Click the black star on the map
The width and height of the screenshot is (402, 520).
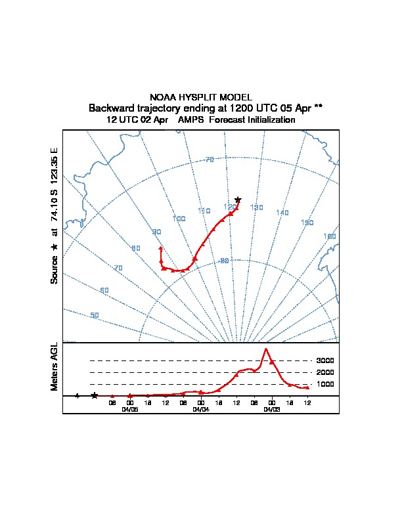click(x=238, y=200)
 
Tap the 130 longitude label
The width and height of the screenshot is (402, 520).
click(x=256, y=207)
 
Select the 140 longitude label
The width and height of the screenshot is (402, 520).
click(x=282, y=213)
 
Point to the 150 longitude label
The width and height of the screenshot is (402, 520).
click(x=307, y=223)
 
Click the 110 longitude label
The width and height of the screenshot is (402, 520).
click(x=204, y=211)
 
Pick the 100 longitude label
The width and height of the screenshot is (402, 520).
click(x=179, y=219)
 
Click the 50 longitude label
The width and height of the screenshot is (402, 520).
click(x=95, y=315)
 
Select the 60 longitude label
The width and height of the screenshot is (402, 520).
click(x=104, y=290)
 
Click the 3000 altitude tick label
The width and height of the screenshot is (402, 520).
click(x=325, y=360)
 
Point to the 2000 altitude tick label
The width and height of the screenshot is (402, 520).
click(x=325, y=372)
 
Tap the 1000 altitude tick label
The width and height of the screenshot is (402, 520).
click(x=325, y=384)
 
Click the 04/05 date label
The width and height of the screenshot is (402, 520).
click(x=130, y=409)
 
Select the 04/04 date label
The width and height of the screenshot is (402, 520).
click(x=201, y=409)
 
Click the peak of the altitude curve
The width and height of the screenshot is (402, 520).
click(x=266, y=349)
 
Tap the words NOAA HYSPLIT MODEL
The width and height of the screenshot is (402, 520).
click(x=201, y=97)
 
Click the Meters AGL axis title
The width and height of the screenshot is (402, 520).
click(x=55, y=366)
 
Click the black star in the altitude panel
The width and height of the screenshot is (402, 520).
click(x=95, y=395)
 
